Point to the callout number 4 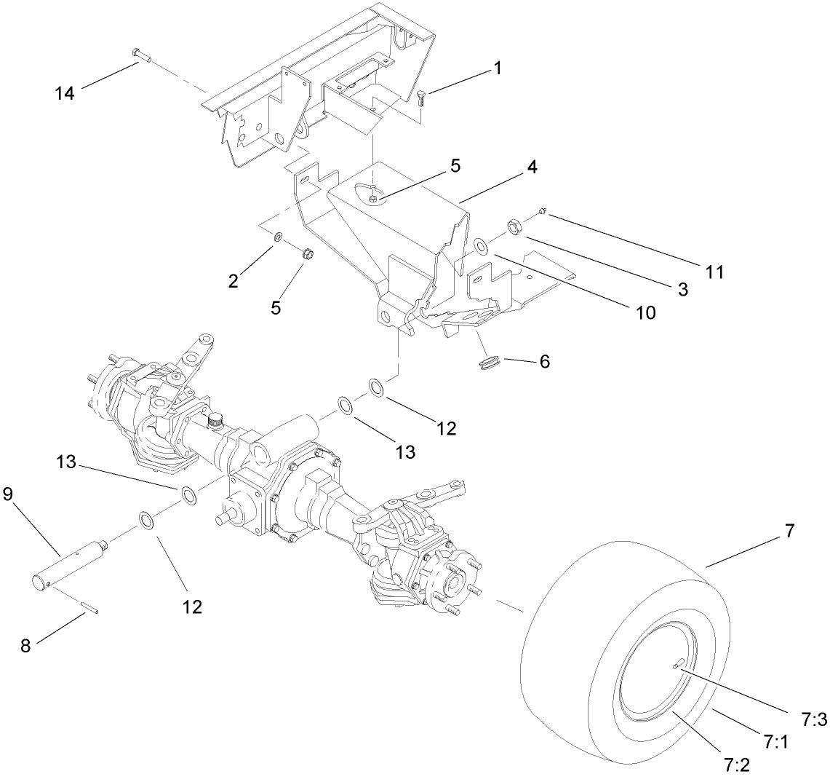(x=532, y=167)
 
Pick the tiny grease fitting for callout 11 (x=542, y=212)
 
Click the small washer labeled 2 (x=278, y=237)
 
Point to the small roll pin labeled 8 (x=92, y=608)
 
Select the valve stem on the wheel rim (x=678, y=663)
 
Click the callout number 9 (x=8, y=494)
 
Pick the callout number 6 (x=543, y=361)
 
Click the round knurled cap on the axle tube (x=215, y=420)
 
